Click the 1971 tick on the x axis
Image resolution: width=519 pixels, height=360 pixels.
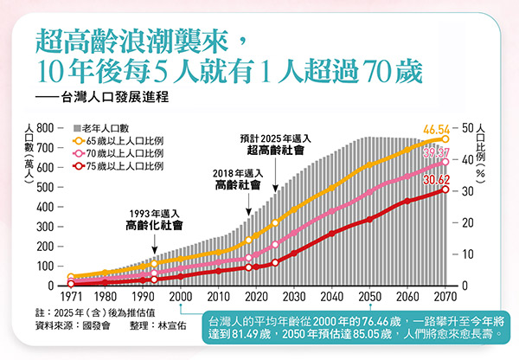(x=70, y=297)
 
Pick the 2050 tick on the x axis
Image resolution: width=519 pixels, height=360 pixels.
(x=369, y=297)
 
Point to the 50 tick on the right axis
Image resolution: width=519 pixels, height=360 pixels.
(x=469, y=128)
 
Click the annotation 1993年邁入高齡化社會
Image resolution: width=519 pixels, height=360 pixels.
(x=153, y=220)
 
